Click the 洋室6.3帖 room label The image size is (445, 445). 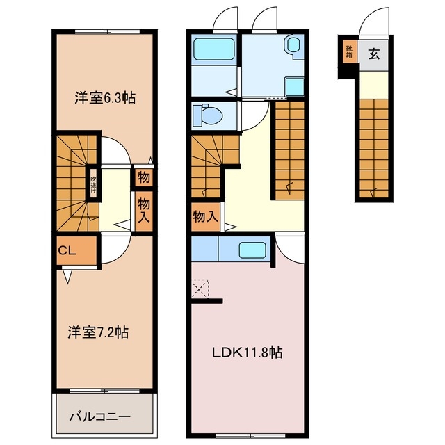coord(105,98)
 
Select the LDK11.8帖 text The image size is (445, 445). coord(247,353)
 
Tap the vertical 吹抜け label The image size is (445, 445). coord(92,184)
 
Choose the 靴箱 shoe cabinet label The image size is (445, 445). coord(349,53)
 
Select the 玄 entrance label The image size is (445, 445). coord(374,54)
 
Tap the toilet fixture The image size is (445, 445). coord(207,113)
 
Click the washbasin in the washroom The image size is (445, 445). coord(293,46)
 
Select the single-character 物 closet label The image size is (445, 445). coord(143,177)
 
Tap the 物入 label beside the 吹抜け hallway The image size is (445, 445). coord(144,207)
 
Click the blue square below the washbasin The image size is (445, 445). coord(294,86)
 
